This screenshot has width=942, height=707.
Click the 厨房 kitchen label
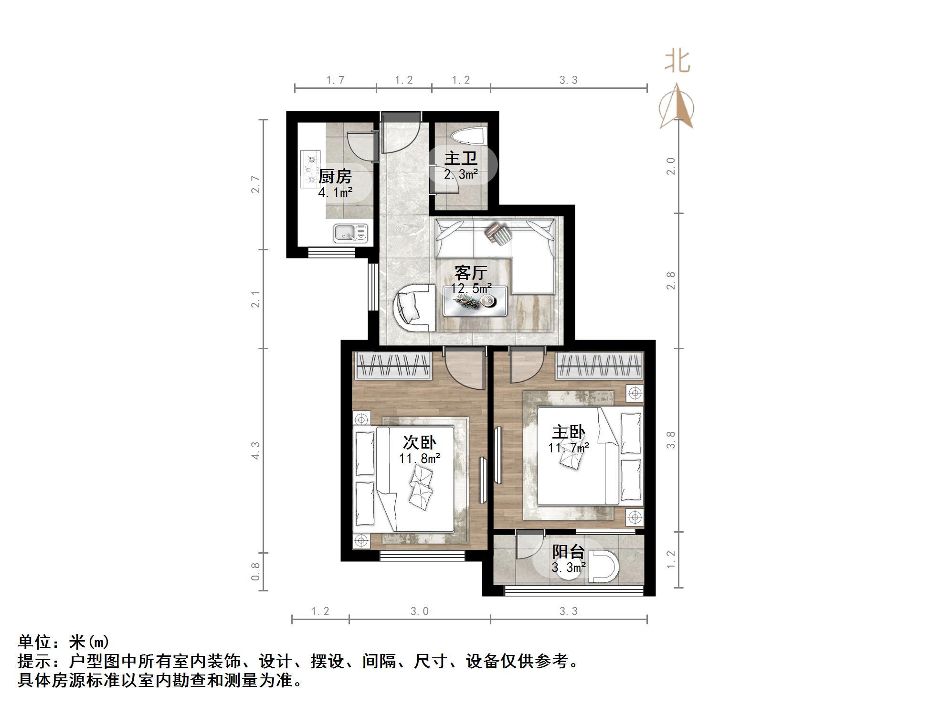[335, 176]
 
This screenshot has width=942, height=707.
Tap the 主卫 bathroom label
[461, 158]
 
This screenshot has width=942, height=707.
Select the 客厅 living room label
[471, 273]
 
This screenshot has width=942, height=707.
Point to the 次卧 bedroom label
[419, 442]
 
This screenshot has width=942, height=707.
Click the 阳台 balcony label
[568, 552]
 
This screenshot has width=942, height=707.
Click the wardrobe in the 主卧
[600, 366]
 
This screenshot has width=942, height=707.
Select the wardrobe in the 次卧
[393, 366]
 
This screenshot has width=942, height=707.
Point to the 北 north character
[677, 62]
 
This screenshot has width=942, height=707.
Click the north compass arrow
[677, 107]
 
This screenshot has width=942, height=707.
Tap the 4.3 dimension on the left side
[256, 450]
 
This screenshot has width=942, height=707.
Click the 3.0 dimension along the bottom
[419, 611]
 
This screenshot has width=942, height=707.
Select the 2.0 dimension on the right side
[671, 166]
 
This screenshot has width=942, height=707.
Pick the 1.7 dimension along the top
[335, 80]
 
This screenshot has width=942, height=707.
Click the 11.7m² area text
[568, 448]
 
